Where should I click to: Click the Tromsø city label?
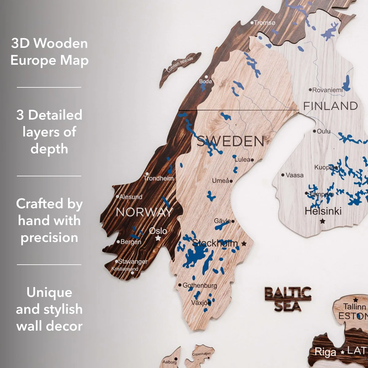(264, 23)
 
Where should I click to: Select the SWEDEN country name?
(230, 141)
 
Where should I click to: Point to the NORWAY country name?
(144, 212)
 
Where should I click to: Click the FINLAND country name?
(330, 106)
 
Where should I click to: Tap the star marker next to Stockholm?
(244, 243)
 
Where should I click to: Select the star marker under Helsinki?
(322, 221)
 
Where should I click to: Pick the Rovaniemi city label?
(327, 90)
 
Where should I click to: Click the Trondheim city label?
(159, 178)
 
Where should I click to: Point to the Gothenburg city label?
(199, 285)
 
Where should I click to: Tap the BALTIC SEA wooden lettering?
(288, 299)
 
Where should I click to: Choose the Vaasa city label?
(294, 175)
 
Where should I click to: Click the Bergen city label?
(131, 242)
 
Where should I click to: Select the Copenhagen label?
(201, 354)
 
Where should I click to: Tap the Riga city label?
(325, 352)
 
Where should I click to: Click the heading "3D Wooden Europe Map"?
(49, 52)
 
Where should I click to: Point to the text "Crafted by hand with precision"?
(49, 220)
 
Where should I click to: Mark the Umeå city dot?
(231, 181)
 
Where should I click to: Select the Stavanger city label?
(132, 262)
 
